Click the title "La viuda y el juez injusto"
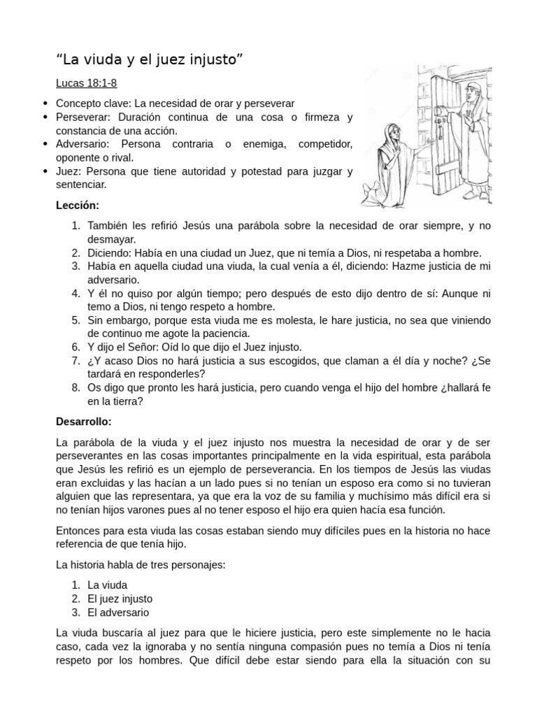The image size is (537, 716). [x=150, y=59]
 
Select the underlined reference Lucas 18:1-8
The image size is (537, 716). [x=86, y=84]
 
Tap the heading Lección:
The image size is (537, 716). [x=78, y=206]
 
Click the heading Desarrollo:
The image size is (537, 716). [x=83, y=422]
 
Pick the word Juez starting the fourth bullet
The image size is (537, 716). [x=66, y=171]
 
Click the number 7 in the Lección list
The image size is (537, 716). [x=76, y=361]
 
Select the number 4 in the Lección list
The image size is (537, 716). [x=76, y=293]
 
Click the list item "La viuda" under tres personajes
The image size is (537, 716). [x=108, y=585]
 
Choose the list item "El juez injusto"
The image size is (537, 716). [x=120, y=599]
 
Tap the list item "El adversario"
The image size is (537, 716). [x=118, y=613]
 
